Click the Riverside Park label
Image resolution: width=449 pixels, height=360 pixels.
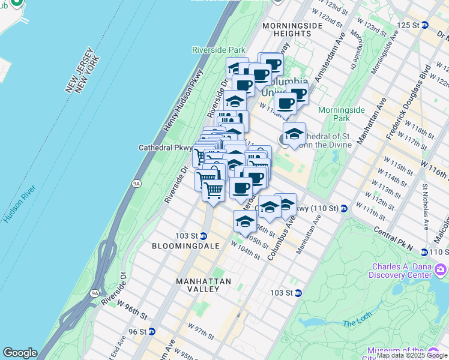218,50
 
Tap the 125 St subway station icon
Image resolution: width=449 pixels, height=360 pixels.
425,25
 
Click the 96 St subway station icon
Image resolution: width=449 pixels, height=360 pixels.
152,331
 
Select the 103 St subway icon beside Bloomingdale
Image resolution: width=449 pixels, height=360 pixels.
203,236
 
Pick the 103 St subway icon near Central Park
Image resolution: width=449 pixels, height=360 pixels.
298,293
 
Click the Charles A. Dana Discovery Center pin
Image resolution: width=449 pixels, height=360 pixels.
441,268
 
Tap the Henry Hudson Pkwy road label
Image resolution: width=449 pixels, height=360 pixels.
183,103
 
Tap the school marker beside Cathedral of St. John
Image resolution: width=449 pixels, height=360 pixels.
294,134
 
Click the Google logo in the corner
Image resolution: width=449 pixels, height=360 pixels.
20,353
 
